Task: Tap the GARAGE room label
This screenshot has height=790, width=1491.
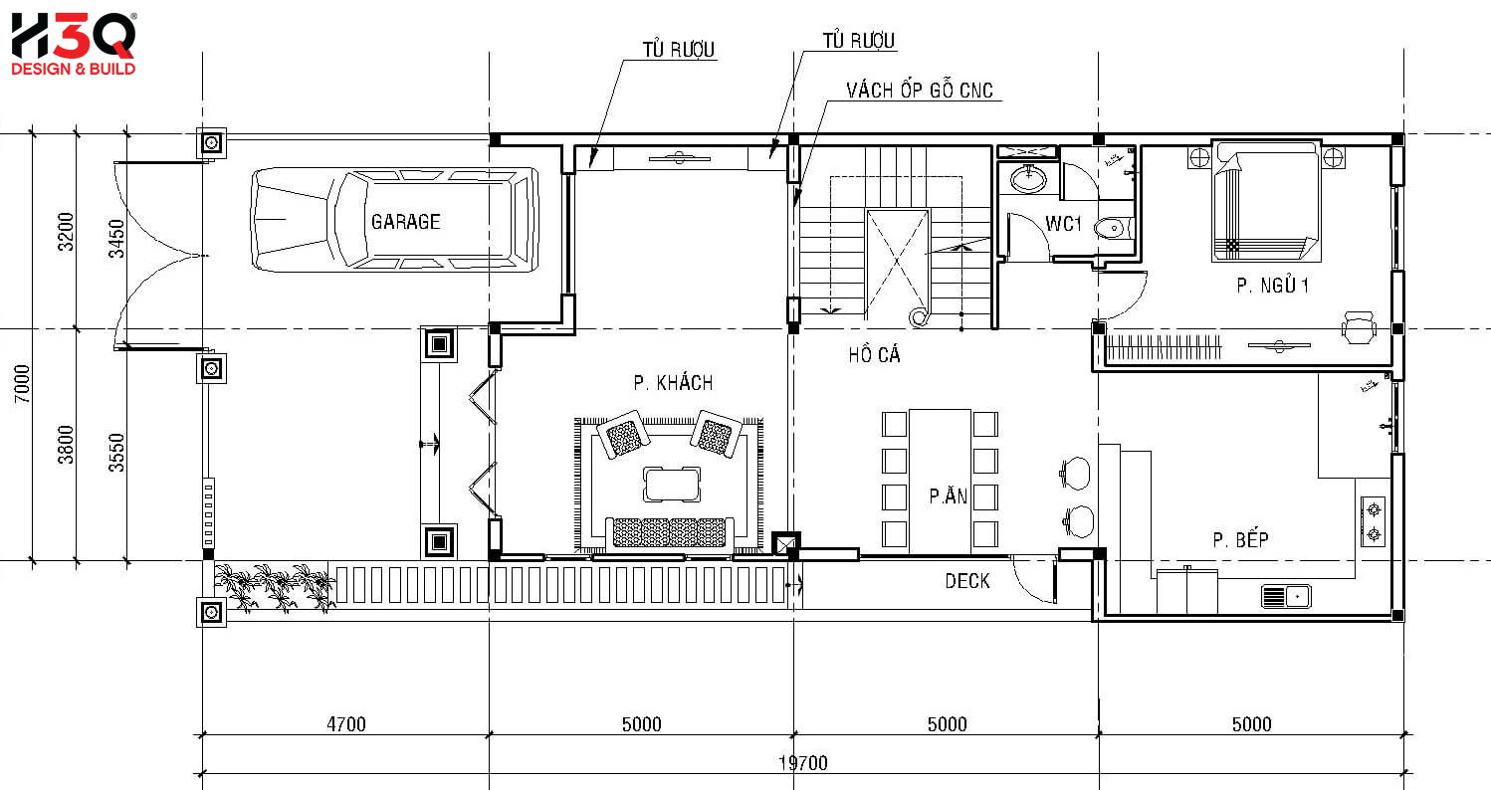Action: click(405, 222)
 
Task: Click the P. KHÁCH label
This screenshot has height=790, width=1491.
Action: click(673, 383)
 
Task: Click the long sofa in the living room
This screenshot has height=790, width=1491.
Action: click(669, 533)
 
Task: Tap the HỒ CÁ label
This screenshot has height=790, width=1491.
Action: click(874, 355)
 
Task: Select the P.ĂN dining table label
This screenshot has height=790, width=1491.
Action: click(948, 496)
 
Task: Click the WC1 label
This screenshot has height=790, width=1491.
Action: click(1063, 225)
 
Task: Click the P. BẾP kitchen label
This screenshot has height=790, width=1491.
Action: click(1240, 540)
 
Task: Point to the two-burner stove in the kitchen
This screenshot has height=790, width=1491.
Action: click(1375, 522)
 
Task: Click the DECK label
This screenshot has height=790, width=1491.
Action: click(967, 581)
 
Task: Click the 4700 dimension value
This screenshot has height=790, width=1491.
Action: click(345, 724)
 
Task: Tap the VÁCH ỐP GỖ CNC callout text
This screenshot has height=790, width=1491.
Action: click(919, 91)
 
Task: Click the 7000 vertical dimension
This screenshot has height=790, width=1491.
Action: click(22, 384)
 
